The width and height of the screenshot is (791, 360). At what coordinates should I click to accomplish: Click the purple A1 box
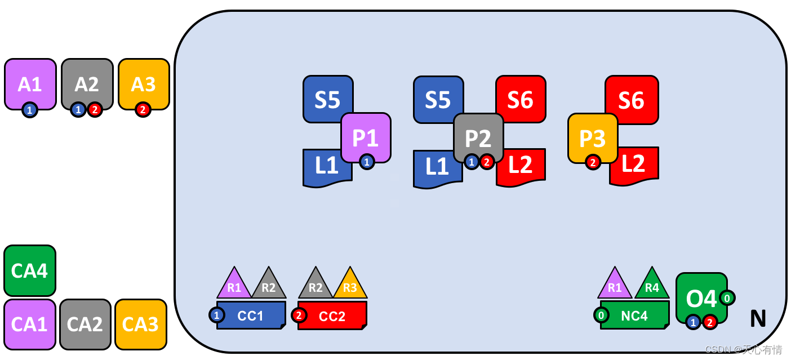[x=30, y=83]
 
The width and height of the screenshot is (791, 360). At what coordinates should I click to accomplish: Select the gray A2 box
[x=87, y=83]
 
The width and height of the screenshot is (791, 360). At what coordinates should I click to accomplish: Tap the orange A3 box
[x=144, y=83]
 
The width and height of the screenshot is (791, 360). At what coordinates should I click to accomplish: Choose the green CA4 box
[x=30, y=270]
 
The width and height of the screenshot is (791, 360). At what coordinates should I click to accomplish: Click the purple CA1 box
[x=30, y=325]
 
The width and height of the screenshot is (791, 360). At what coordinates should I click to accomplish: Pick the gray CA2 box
[x=85, y=325]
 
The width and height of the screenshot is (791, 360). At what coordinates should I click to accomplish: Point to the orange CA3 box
[x=141, y=325]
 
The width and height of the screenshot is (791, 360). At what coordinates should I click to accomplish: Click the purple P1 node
[x=366, y=137]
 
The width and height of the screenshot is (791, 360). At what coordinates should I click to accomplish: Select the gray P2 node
[x=478, y=137]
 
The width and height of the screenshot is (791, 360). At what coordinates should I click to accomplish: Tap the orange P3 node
[x=593, y=137]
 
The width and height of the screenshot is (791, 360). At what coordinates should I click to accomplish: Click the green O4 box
[x=701, y=296]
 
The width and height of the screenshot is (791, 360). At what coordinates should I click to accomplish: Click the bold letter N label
[x=758, y=319]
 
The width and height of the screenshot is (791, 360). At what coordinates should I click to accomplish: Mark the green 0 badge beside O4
[x=727, y=297]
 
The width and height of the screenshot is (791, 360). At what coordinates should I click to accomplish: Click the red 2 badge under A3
[x=143, y=110]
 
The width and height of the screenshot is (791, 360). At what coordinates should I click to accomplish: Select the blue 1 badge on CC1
[x=217, y=315]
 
